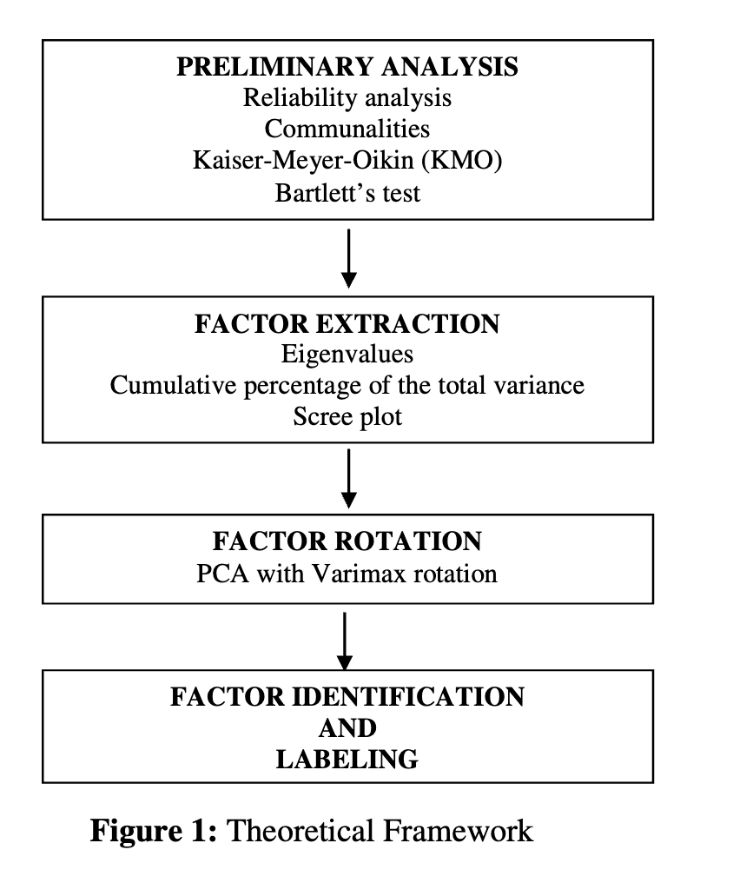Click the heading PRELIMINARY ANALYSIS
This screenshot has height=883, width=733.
coord(347,66)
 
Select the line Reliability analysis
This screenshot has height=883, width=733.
coord(347,98)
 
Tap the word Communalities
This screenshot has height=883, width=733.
coord(347,129)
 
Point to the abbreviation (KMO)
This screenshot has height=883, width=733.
coord(461,161)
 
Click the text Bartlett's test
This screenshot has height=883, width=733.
coord(347,193)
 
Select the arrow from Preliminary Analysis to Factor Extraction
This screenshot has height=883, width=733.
coord(349,258)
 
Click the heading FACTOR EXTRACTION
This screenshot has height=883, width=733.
coord(347,324)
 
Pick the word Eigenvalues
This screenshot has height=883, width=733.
coord(347,355)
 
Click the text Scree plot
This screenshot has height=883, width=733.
coord(347,417)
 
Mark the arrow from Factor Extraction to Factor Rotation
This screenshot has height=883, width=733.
coord(349,479)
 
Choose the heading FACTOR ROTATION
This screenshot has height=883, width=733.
coord(347,541)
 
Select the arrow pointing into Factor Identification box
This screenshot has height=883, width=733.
coord(344,641)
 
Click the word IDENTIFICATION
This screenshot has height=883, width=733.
coord(408,697)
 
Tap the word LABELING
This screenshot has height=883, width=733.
coord(347,760)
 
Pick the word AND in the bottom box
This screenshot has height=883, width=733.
coord(347,728)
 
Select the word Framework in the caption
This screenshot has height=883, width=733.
coord(458,831)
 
